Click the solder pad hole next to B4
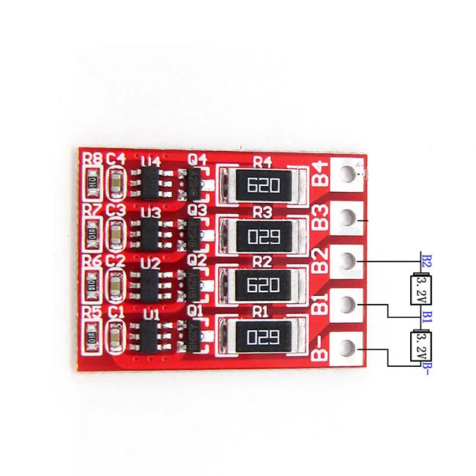click(349, 176)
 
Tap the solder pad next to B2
click(349, 261)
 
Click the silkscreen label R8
click(92, 158)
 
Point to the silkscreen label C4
click(116, 158)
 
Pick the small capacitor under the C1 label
click(116, 338)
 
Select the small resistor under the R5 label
click(93, 338)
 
